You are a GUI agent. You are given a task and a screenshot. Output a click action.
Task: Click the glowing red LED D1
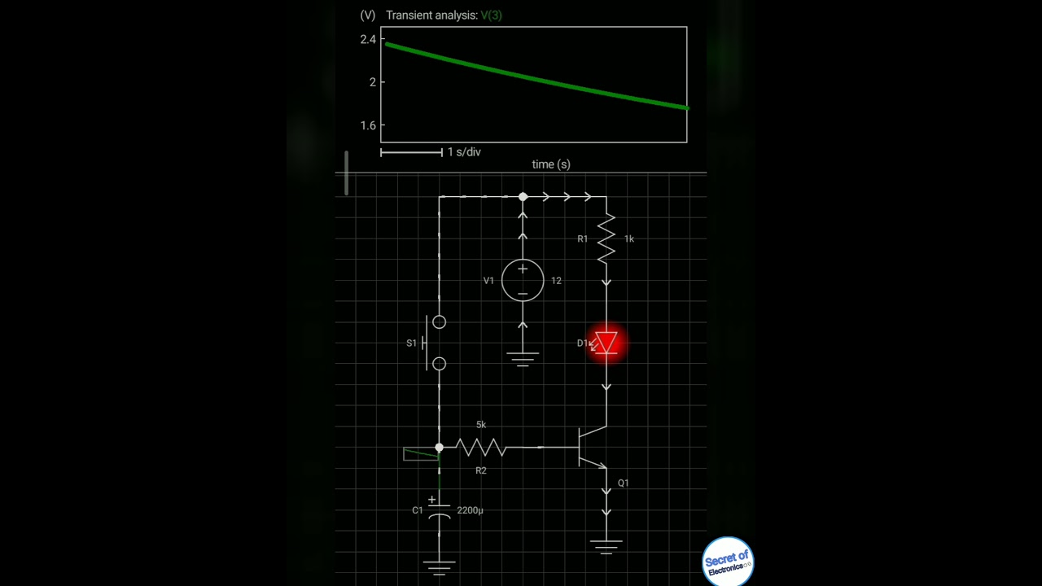[606, 343]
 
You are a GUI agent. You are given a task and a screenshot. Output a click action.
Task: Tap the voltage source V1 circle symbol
[523, 280]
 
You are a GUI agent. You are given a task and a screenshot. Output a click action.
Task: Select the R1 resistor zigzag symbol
[606, 238]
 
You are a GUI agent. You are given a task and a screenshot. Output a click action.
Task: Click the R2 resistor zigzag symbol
[480, 447]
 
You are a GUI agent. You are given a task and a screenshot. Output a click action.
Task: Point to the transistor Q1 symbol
[592, 447]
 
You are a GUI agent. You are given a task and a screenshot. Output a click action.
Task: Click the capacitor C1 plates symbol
[440, 510]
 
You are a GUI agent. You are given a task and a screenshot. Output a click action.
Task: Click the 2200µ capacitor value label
[470, 510]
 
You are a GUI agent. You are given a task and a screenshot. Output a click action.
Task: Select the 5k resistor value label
[481, 425]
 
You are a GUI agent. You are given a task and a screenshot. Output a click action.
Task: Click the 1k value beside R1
[629, 239]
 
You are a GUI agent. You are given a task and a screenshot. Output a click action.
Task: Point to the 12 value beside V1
[556, 281]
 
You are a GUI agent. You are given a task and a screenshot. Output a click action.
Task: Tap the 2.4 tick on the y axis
[368, 39]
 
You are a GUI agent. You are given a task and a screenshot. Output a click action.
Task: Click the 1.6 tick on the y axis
[368, 125]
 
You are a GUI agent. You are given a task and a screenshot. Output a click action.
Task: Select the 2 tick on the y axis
[372, 82]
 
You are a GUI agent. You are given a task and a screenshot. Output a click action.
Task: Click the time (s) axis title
[551, 164]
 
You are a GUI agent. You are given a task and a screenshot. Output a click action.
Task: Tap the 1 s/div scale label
[464, 152]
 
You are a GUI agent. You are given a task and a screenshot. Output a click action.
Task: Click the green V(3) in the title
[491, 15]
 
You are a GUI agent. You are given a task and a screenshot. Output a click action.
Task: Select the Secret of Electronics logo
[727, 561]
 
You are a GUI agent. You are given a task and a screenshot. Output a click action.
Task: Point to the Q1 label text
[623, 483]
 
